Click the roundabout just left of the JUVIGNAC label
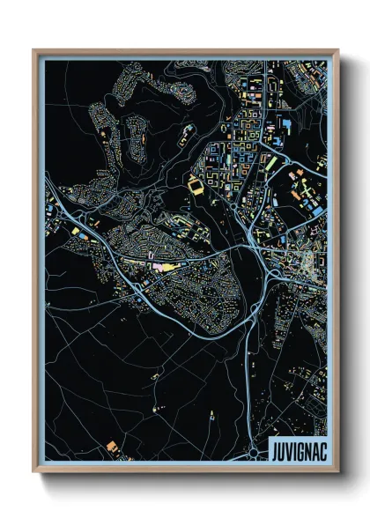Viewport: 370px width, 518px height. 254,451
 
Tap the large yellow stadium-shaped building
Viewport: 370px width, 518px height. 194,185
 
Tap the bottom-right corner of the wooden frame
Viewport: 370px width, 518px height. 337,471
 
